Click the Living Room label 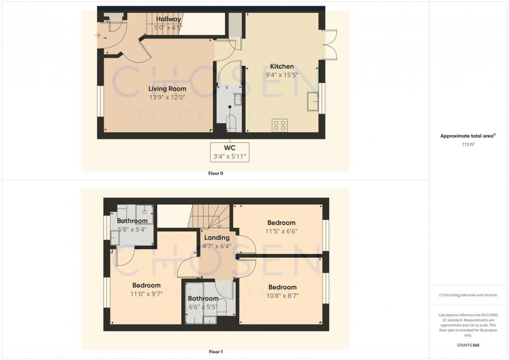(164, 89)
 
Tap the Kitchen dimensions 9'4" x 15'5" (282, 75)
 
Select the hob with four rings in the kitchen (280, 125)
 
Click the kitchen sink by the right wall (313, 101)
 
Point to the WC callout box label (230, 148)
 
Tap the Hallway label (168, 19)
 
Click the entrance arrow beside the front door (97, 35)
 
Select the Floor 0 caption (216, 173)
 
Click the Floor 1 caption (215, 352)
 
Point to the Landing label (217, 237)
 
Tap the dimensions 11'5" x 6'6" (282, 232)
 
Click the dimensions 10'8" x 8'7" (283, 296)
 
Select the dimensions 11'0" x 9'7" (146, 294)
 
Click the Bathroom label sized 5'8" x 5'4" (132, 221)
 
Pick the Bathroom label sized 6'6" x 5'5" (203, 299)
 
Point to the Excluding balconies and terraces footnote (468, 295)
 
